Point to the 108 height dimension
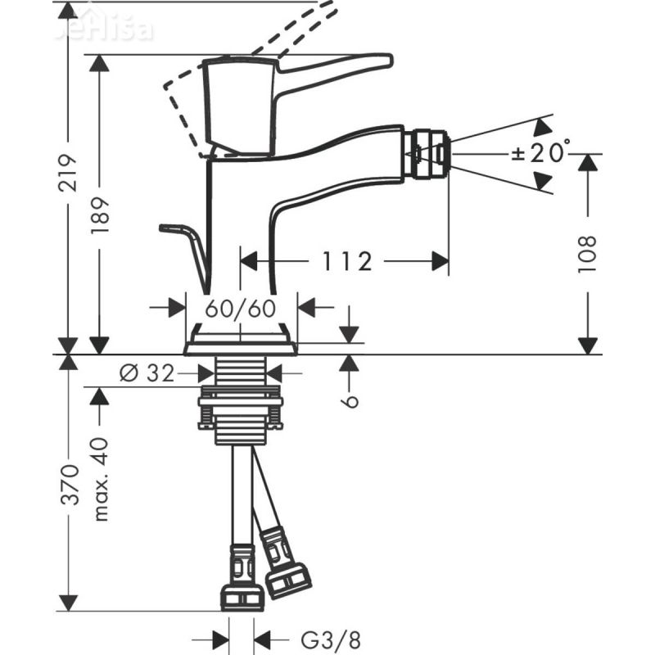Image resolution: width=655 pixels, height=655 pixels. coord(587,254)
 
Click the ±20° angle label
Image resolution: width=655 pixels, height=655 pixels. coord(541,153)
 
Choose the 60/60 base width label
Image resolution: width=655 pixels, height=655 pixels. coord(240,308)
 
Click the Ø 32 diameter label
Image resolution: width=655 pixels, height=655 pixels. coord(147,373)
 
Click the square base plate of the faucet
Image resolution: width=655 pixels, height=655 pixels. coord(241,345)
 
